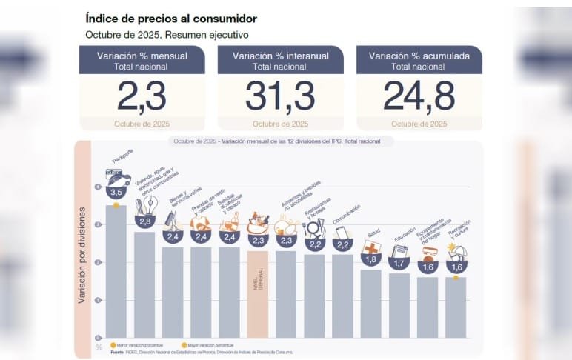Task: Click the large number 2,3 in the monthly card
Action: (x=142, y=96)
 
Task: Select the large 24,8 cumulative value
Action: (x=419, y=96)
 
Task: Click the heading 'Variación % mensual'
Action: (x=142, y=56)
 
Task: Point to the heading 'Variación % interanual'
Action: (x=280, y=56)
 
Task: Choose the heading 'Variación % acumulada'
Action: (x=419, y=56)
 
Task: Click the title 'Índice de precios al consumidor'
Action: (x=170, y=19)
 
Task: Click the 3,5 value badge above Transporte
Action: (x=116, y=192)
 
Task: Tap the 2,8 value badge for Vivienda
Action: (x=144, y=221)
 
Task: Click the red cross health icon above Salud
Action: (x=371, y=247)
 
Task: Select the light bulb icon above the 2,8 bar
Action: (x=148, y=204)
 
